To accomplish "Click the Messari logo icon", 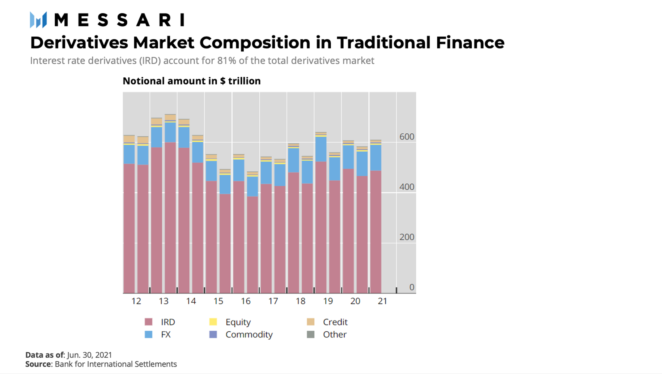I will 38,20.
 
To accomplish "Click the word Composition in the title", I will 255,43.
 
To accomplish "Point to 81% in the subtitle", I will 227,61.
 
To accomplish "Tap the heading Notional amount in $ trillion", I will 192,81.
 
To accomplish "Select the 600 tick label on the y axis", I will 406,137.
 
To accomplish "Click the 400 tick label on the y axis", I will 406,187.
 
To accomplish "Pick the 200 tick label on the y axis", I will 406,237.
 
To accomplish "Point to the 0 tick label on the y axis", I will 411,287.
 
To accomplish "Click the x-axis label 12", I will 136,301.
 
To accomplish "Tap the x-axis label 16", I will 245,301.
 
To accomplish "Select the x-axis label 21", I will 382,301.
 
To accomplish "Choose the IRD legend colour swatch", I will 149,322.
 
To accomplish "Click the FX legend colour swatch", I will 149,334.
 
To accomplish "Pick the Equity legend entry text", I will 238,322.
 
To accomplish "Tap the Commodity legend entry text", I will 249,334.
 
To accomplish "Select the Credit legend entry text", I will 335,322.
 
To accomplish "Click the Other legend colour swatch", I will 311,334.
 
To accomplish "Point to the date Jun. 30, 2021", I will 89,355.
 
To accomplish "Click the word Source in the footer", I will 38,364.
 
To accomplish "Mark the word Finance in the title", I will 470,43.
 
